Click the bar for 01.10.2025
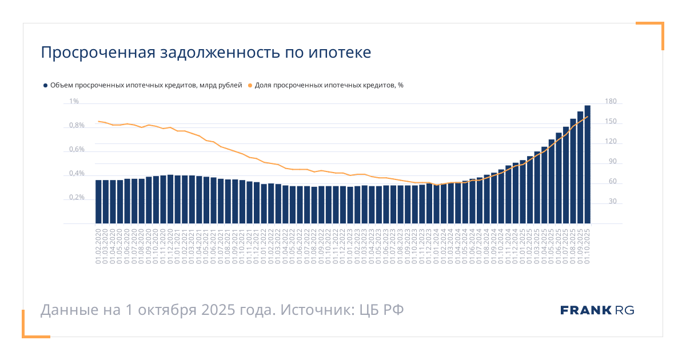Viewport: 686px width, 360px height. pos(587,165)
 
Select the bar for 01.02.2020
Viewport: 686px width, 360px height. pos(98,202)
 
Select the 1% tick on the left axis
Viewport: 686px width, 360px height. pos(74,102)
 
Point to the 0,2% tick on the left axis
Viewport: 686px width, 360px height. pos(77,198)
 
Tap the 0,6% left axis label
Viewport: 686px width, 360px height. pos(77,150)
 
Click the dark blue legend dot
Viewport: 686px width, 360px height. pos(45,85)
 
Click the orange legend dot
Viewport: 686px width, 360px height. pos(250,85)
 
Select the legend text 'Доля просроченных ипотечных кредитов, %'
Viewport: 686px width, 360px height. pos(329,85)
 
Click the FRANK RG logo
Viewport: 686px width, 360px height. pos(597,310)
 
